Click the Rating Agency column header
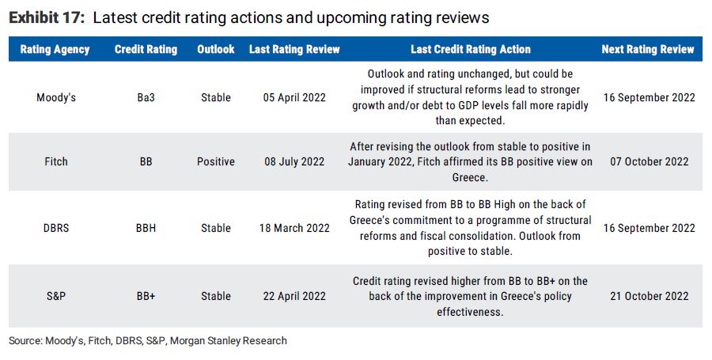[x=55, y=49]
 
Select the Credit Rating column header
[x=146, y=49]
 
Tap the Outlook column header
[x=216, y=49]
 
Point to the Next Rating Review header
[x=647, y=49]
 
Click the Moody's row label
[x=55, y=97]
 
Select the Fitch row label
[x=55, y=161]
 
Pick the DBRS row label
[x=55, y=228]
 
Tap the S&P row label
[x=55, y=296]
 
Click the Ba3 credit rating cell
[x=146, y=97]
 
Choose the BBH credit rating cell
[x=146, y=228]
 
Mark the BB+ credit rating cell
[x=146, y=296]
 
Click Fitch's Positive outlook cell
[x=216, y=161]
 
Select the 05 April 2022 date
[x=294, y=97]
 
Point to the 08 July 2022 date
[x=294, y=161]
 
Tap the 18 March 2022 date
[x=294, y=228]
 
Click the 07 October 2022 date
[x=650, y=161]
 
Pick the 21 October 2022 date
[x=650, y=296]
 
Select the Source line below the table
[x=148, y=341]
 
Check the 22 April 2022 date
[x=294, y=296]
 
